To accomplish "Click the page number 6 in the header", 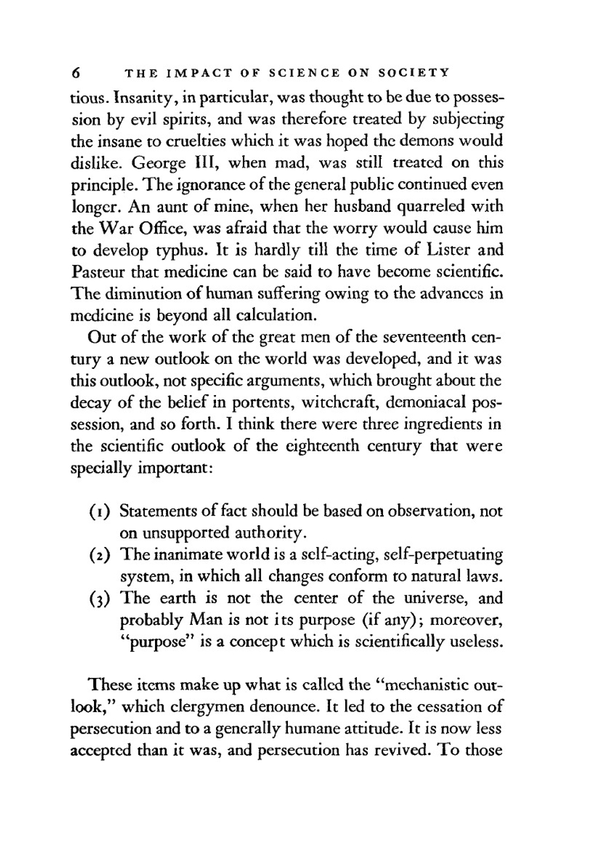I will [x=76, y=73].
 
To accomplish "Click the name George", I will [x=160, y=163].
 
